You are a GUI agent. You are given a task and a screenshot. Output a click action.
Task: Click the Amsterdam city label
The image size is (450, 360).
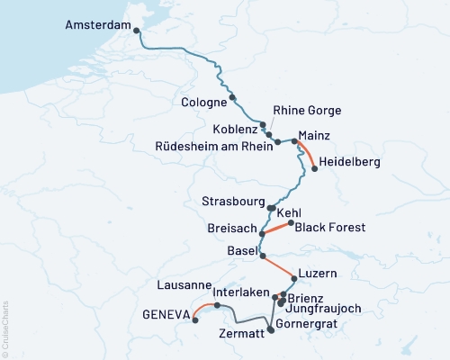click(98, 26)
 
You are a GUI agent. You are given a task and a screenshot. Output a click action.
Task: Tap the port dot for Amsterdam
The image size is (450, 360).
click(137, 31)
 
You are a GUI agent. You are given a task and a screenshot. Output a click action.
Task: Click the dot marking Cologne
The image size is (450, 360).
click(232, 97)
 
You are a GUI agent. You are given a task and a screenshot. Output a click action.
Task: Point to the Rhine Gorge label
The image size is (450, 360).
click(307, 111)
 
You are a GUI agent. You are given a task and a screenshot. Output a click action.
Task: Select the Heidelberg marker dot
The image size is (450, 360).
click(313, 166)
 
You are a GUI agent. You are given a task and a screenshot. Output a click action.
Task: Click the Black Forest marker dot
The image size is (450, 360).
click(290, 222)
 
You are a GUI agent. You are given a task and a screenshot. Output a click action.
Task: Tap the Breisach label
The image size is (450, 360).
click(232, 229)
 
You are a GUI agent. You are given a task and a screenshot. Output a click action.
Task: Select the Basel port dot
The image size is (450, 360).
click(262, 256)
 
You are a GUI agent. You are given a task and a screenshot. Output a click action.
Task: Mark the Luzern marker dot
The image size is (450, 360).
click(294, 280)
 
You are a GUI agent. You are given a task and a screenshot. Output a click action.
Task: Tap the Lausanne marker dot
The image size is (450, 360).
click(217, 305)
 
